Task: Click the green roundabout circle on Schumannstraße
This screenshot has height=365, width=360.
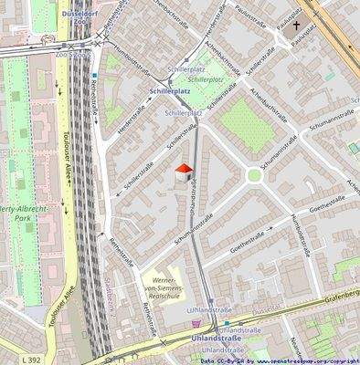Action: click(x=254, y=175)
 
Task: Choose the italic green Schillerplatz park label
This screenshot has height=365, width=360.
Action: click(x=206, y=79)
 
